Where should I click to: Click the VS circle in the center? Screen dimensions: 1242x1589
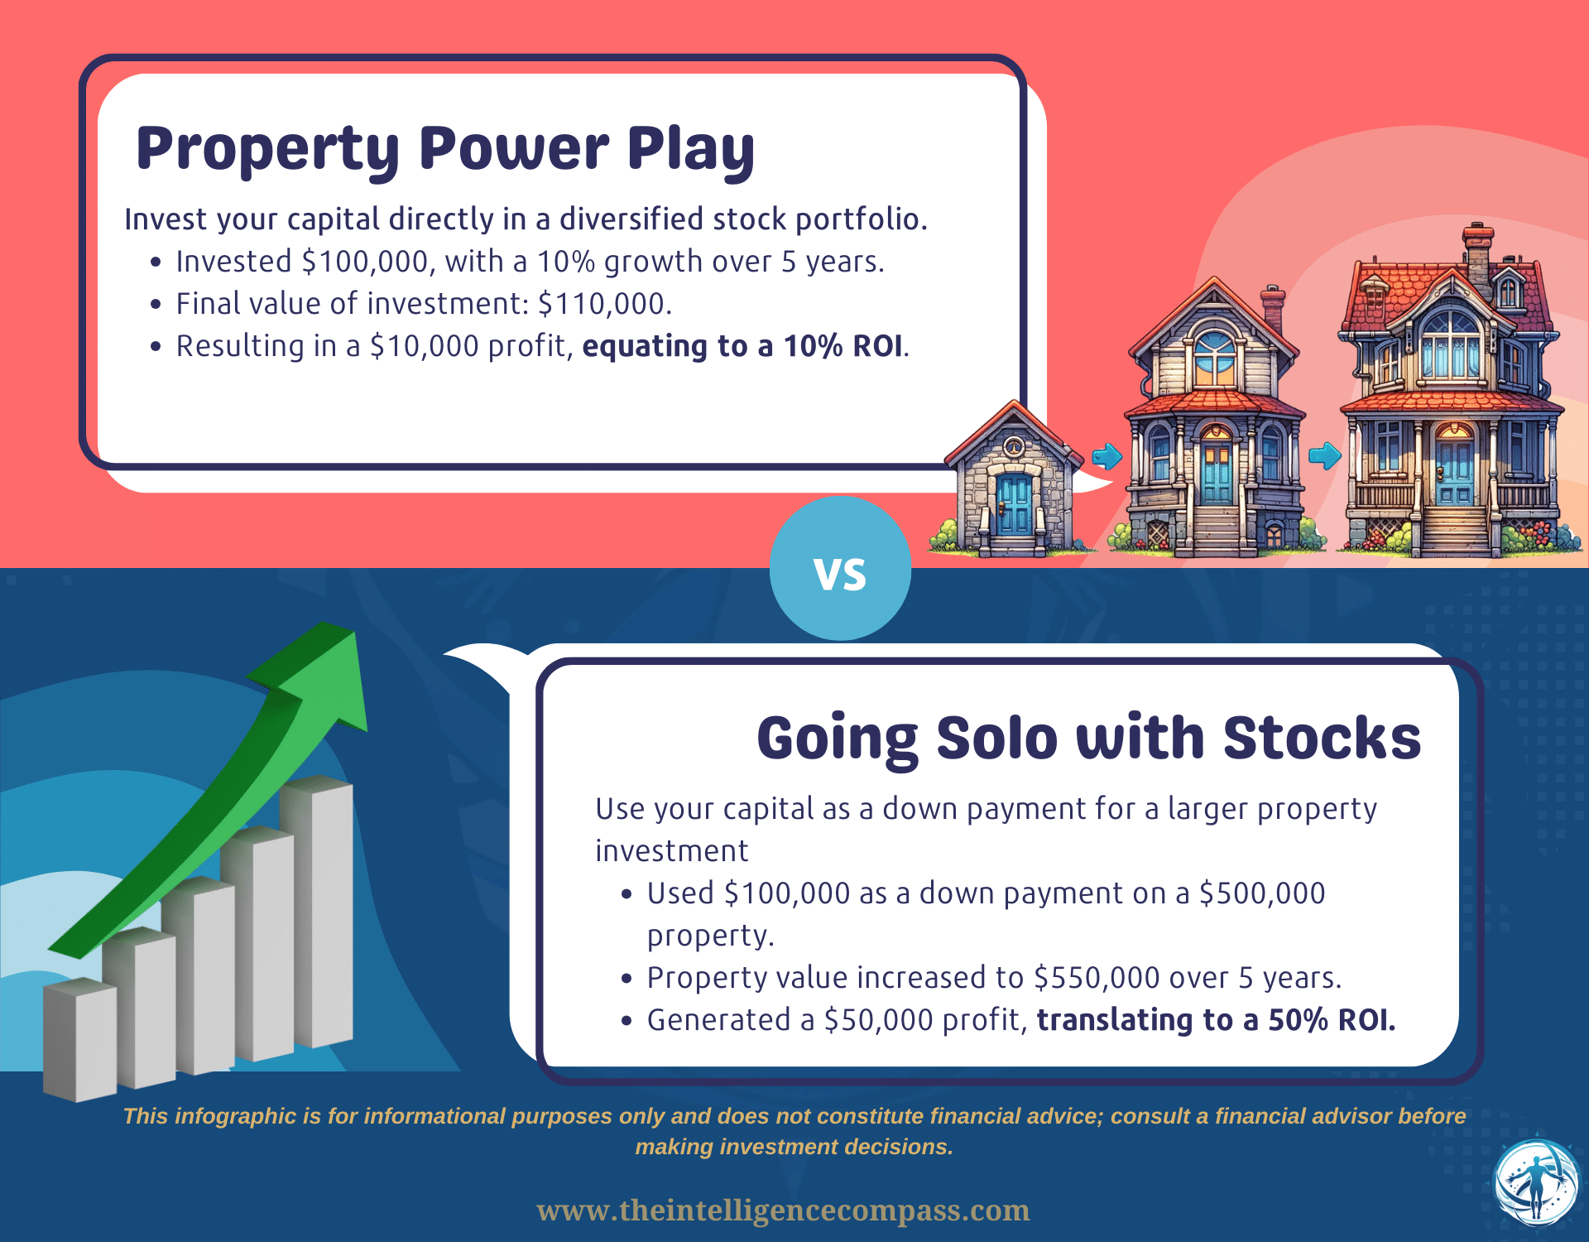(840, 569)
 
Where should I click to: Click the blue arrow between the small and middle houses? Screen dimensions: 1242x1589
(1107, 456)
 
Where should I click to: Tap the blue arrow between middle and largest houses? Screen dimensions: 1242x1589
(1324, 455)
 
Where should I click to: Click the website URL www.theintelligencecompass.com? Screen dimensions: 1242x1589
(783, 1211)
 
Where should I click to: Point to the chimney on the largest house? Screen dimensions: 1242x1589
(1477, 248)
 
